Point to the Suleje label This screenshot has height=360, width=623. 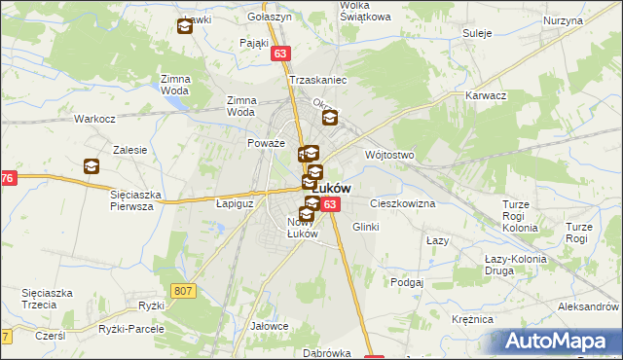(478, 33)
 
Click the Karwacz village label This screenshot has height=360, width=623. (486, 96)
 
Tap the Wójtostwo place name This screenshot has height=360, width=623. (389, 155)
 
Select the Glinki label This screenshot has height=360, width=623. (365, 226)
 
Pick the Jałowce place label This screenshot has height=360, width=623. (270, 326)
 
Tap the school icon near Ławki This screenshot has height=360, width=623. (185, 27)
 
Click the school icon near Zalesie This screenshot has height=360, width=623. (92, 166)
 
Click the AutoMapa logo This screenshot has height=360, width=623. (560, 340)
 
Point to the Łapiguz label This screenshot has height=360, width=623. (234, 204)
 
